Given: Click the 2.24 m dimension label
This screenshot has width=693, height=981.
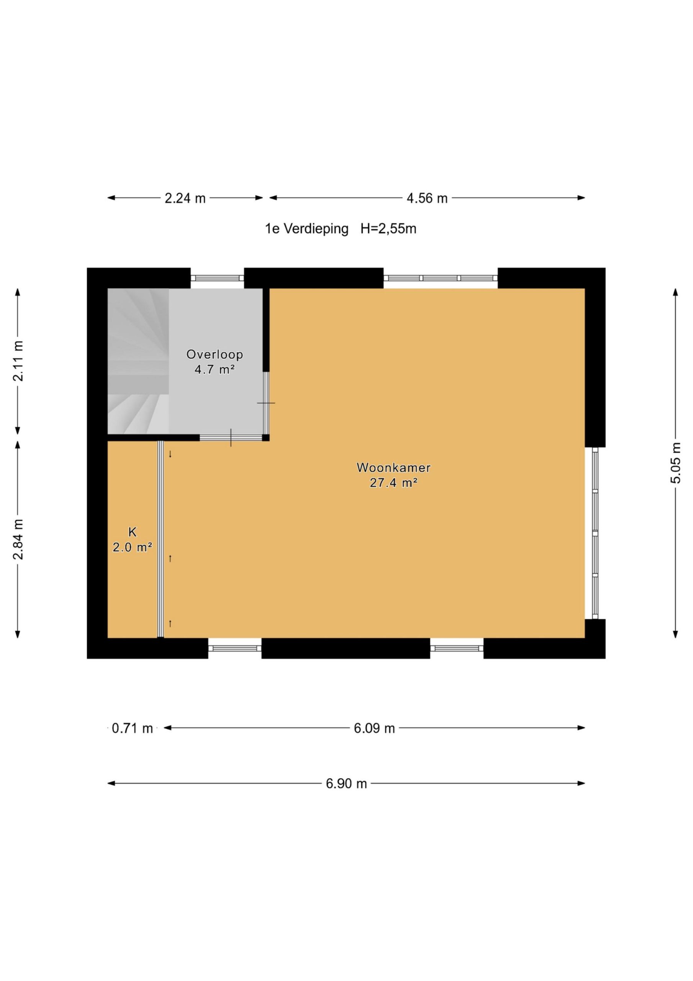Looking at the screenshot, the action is (x=185, y=198).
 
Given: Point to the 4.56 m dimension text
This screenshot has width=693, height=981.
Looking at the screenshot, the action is (x=427, y=198).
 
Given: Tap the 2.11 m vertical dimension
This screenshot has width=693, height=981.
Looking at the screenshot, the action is (x=18, y=361).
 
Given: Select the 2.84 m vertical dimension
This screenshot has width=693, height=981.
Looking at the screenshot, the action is (x=18, y=540).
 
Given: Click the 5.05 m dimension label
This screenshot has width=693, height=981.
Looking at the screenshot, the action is (x=675, y=463).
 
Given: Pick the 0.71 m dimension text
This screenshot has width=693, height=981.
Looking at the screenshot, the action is (x=132, y=728).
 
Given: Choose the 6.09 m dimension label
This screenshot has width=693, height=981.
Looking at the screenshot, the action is (x=374, y=728).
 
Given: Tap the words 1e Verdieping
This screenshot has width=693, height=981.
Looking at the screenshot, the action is (x=307, y=229).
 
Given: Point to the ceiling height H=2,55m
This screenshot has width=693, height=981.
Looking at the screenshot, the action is (x=388, y=229).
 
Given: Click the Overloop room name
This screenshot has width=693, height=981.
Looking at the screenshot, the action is (x=215, y=354).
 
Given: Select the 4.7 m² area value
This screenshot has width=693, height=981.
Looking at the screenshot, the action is (x=215, y=369).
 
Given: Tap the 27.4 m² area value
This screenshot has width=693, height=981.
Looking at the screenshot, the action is (x=394, y=483).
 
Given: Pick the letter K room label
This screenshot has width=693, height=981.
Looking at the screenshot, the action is (x=132, y=532).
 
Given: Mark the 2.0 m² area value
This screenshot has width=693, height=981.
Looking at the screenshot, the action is (x=132, y=547).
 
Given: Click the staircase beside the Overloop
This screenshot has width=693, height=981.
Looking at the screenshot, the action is (x=138, y=361).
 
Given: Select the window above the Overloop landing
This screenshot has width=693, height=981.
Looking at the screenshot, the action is (x=217, y=278).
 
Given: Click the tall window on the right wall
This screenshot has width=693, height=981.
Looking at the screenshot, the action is (x=595, y=533).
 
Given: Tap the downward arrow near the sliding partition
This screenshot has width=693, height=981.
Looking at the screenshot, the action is (x=170, y=454).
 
